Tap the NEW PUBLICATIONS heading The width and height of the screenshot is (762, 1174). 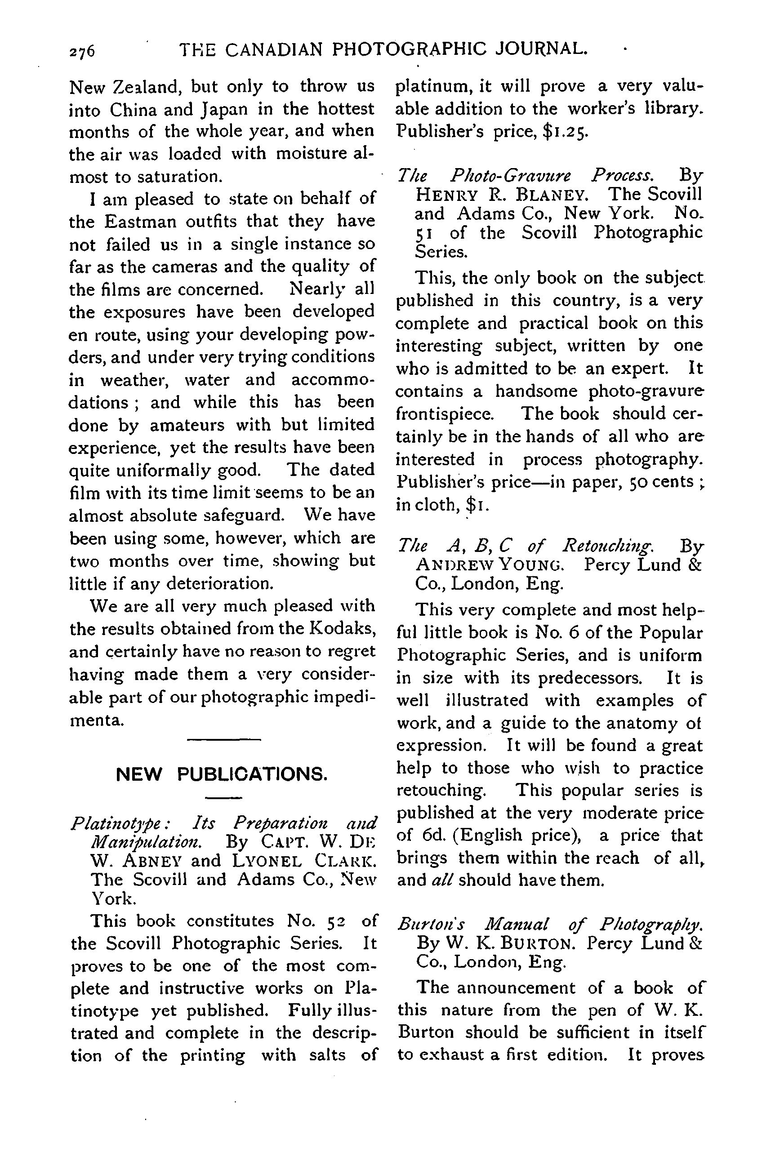point(221,774)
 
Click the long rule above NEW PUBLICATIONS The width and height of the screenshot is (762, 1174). point(223,739)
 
